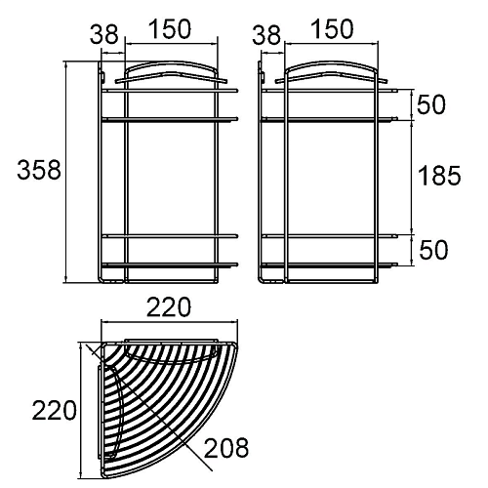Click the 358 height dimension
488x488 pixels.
pos(39,170)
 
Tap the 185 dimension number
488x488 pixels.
pos(439,176)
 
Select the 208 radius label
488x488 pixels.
pos(226,448)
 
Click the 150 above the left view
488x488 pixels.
pos(170,29)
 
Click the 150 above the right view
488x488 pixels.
pos(332,29)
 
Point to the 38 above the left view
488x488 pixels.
pos(104,34)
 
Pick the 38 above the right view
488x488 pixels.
pos(266,34)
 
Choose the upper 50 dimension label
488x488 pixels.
pos(430,104)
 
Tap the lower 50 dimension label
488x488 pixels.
pos(433,250)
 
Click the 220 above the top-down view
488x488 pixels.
pos(169,306)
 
